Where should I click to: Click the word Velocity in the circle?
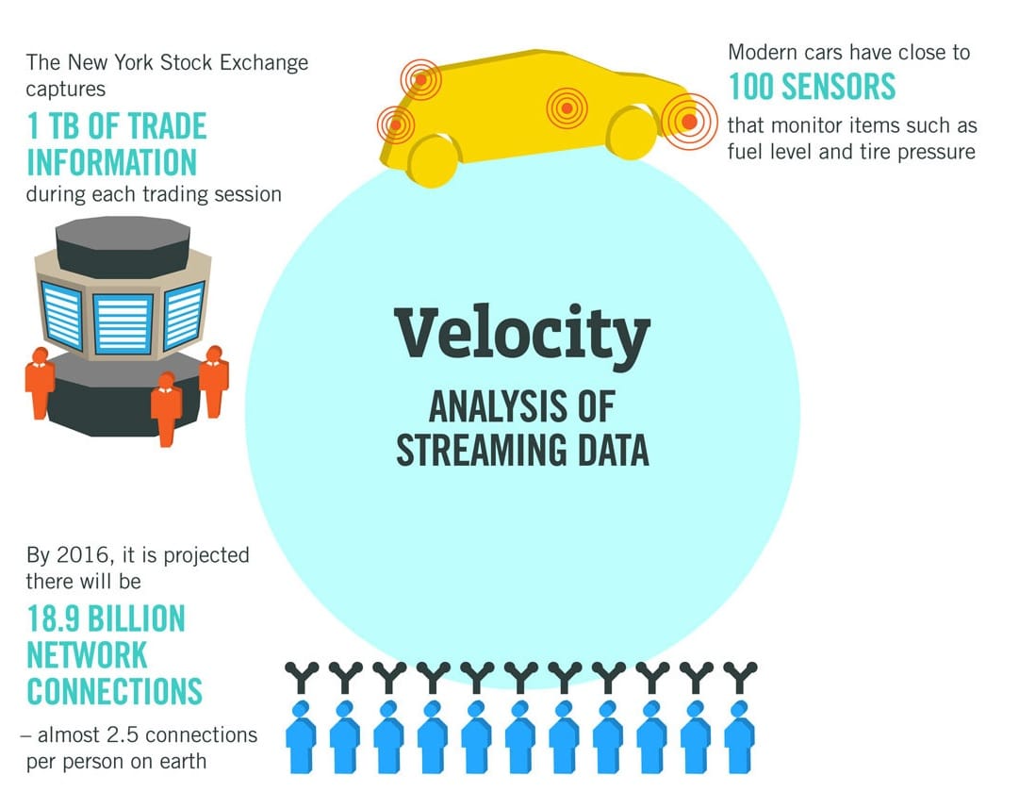point(522,335)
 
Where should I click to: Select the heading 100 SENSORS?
point(812,87)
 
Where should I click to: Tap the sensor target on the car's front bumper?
point(689,121)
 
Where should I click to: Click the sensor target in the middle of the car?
point(567,107)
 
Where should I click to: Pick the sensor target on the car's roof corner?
point(420,79)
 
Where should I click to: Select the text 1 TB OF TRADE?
point(117,126)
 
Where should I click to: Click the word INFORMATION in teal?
point(112,162)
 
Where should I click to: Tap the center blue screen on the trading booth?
point(123,324)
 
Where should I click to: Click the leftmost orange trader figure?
point(40,384)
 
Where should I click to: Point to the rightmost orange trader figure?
point(214,381)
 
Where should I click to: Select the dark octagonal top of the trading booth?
point(123,246)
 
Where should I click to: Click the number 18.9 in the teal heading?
point(54,618)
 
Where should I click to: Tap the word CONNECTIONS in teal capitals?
point(114,691)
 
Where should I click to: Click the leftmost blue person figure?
point(301,737)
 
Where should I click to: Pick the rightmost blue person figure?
point(740,737)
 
